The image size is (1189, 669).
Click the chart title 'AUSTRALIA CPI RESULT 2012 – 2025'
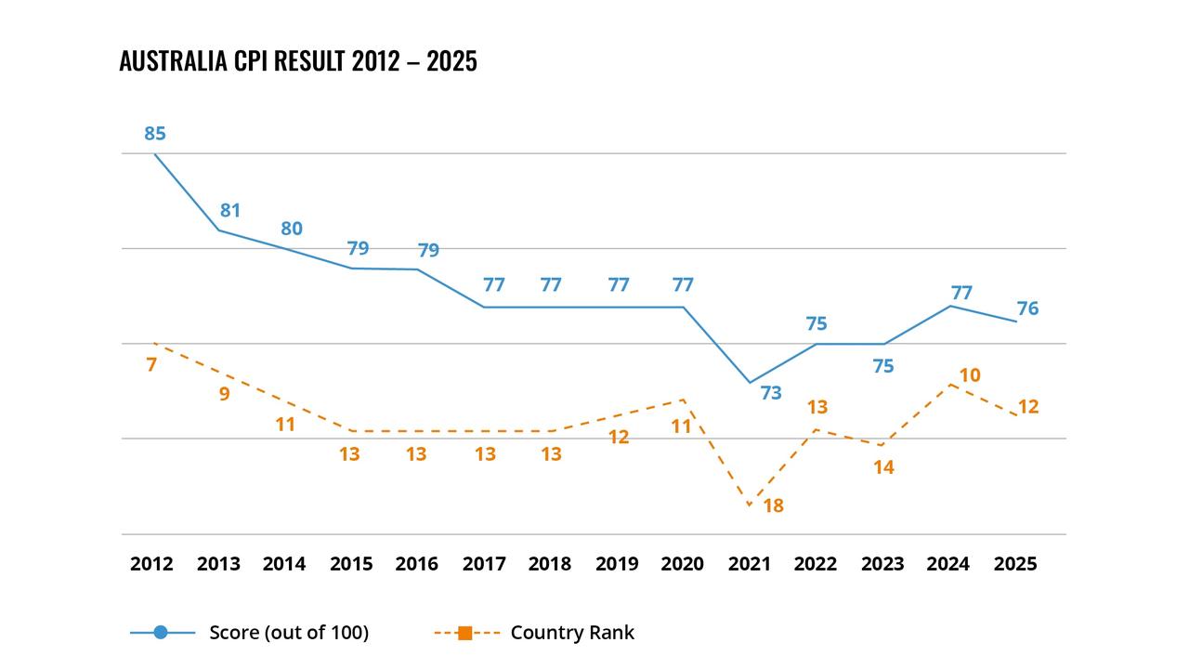tap(298, 61)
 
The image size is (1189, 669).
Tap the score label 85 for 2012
tap(154, 134)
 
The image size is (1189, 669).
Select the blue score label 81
tap(230, 211)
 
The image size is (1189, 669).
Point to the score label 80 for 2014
tap(292, 229)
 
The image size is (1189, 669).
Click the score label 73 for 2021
tap(771, 393)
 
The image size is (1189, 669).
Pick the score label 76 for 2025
tap(1027, 308)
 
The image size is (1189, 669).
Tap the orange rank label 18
tap(773, 506)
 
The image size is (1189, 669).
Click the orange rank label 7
tap(151, 365)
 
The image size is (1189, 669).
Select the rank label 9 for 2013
tap(224, 394)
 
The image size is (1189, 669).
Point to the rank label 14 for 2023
tap(883, 468)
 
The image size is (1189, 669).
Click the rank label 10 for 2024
tap(970, 375)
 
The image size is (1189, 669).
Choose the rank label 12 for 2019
tap(619, 438)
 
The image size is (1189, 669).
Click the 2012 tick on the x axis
tap(151, 564)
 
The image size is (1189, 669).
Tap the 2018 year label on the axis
tap(550, 564)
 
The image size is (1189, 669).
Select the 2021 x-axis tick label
tap(749, 564)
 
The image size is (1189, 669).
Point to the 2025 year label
tap(1015, 564)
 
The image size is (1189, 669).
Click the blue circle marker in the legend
tap(161, 633)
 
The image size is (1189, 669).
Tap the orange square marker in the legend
tap(465, 633)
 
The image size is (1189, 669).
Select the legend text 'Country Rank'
tap(572, 633)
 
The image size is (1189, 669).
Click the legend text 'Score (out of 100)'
tap(289, 633)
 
